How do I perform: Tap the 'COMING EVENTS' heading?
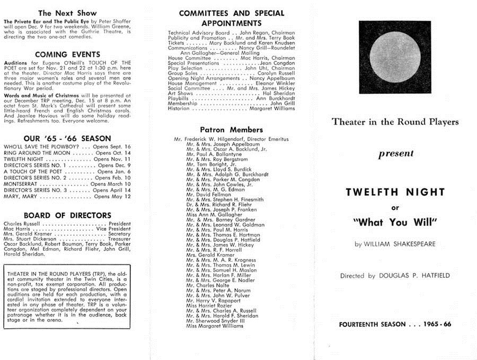(67, 54)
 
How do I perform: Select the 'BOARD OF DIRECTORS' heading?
(67, 215)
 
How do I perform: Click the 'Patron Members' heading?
(231, 129)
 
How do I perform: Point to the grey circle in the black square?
(395, 57)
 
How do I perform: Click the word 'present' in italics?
(395, 155)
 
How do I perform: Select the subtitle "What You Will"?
(395, 223)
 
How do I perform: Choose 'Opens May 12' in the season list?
(112, 196)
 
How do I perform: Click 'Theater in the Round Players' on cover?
(395, 122)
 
